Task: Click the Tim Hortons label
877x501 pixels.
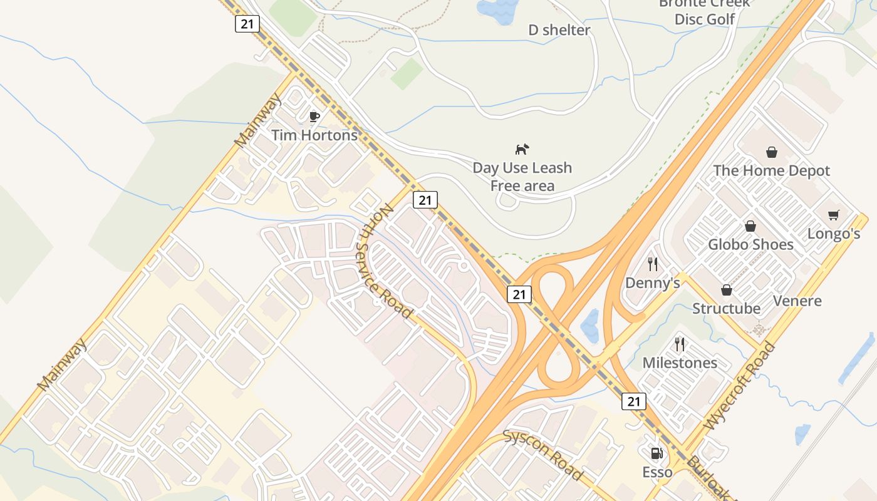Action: (314, 135)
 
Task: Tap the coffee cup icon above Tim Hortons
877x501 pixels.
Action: (314, 116)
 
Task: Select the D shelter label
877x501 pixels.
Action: (559, 30)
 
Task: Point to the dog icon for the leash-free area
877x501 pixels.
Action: (522, 149)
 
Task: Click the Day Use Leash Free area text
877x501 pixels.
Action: (522, 177)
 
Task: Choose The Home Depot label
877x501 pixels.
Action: (771, 170)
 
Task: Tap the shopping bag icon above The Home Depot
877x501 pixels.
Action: (771, 152)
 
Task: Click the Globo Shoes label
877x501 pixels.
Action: (750, 244)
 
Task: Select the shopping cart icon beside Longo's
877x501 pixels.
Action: (833, 215)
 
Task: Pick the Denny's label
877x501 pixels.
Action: (653, 283)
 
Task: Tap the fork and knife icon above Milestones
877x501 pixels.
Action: (680, 344)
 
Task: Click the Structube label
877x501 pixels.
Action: (726, 308)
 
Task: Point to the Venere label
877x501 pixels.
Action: (797, 301)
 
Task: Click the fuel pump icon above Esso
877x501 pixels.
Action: (656, 453)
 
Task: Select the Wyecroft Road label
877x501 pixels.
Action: (740, 386)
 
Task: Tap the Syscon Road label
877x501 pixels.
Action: (543, 454)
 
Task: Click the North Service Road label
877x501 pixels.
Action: (385, 261)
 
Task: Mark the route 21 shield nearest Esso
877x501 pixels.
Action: (634, 401)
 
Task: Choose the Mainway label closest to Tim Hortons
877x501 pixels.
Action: (258, 121)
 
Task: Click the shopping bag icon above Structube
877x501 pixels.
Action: (727, 290)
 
